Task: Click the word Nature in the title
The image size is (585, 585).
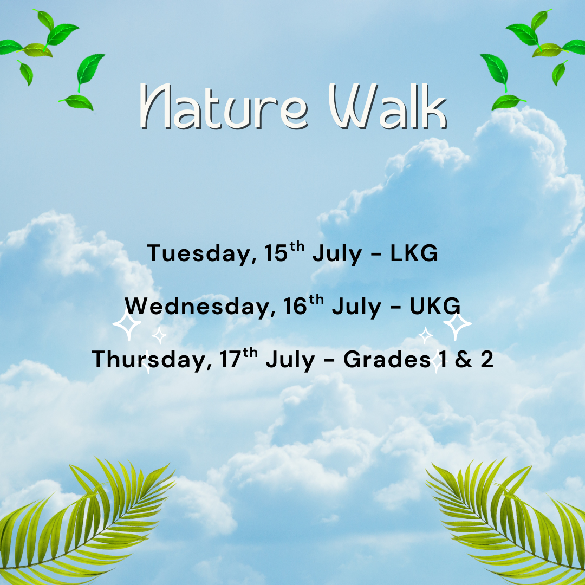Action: pos(224,106)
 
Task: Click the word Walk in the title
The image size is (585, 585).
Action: pos(388,106)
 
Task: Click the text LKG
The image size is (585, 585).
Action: pos(414,253)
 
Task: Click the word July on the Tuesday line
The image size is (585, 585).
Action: pos(337,255)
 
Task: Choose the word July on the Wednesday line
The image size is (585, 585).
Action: pos(356,308)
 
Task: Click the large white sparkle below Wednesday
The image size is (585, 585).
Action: pos(127,326)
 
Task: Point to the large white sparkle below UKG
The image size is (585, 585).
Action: pos(457,325)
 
